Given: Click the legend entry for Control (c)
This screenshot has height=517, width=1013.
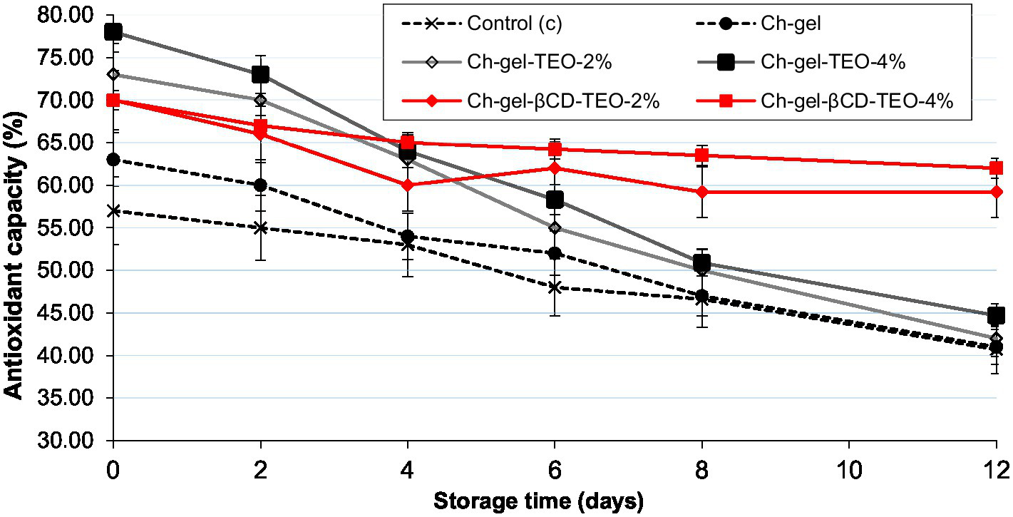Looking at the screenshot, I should [514, 24].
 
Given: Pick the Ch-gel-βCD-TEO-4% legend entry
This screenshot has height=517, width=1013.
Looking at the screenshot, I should [857, 101].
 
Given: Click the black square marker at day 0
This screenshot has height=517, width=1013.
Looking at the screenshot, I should [113, 32].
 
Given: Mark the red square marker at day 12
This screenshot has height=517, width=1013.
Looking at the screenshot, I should [996, 168].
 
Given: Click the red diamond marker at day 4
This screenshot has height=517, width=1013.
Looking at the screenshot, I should [407, 185].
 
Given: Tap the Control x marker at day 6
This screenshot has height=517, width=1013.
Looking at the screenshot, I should [554, 287].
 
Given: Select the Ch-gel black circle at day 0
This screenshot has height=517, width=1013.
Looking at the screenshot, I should [113, 160].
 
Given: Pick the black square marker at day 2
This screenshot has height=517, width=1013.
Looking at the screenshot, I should [260, 74].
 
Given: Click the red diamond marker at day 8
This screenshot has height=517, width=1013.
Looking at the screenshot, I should [701, 192].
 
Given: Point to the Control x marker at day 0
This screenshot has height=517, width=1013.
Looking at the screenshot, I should [113, 211].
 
